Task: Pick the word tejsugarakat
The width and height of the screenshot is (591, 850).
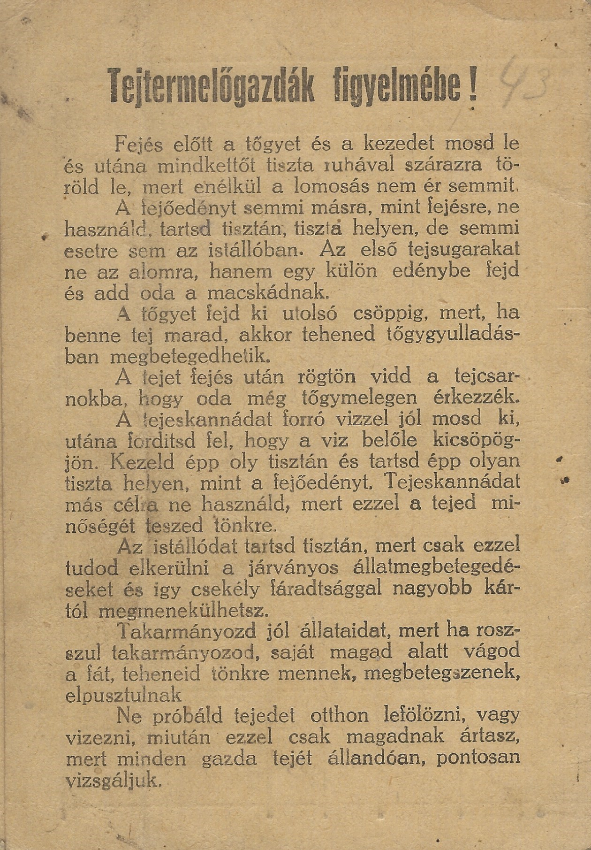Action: pos(464,249)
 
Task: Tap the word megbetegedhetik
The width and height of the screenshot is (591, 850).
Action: pos(190,356)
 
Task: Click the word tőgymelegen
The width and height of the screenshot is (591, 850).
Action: pos(357,398)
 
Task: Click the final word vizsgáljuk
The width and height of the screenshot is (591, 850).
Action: pos(114,780)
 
